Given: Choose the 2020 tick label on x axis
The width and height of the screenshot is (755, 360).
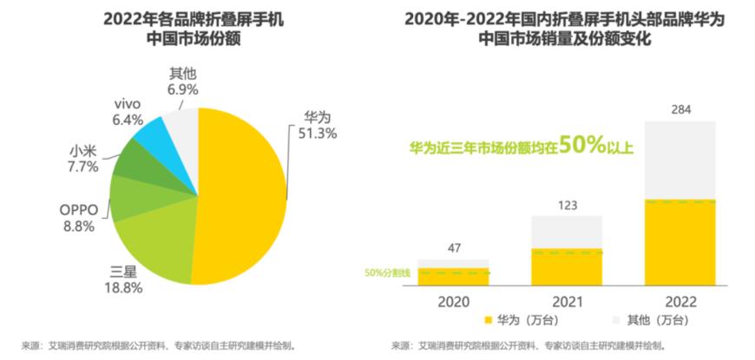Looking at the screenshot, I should point(453,300).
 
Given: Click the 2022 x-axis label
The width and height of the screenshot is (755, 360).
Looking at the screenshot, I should point(679,300).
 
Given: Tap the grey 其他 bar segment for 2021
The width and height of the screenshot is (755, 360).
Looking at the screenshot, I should point(567,232).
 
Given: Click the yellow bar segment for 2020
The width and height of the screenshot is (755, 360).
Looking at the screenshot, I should point(453,277).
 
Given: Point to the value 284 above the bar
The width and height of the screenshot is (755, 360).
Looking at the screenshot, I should point(679,108).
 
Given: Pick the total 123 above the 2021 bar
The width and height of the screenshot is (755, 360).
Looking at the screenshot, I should point(567,205).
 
